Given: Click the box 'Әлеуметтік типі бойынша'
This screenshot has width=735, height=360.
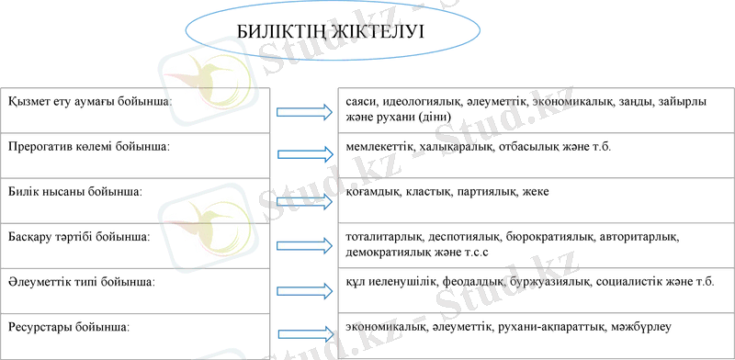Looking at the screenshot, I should coord(135,290).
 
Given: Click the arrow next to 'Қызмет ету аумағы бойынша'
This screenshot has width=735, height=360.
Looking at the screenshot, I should coord(304,112).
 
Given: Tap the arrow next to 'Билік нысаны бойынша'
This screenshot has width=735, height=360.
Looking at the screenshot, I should coord(304,199).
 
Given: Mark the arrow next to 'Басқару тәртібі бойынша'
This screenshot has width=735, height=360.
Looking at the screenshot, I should coord(304,245).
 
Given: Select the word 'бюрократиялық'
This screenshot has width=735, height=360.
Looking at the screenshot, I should coord(545,236).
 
